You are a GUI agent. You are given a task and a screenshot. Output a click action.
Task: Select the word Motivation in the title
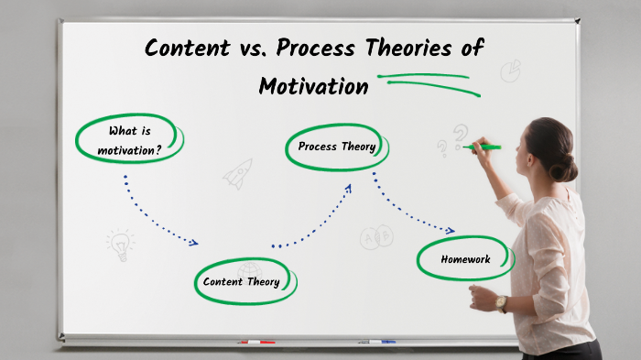[313, 87]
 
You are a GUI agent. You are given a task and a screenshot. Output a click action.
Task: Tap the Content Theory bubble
[243, 281]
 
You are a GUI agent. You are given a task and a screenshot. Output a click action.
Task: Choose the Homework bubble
[465, 259]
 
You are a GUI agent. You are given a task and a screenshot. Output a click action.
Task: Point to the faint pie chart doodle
[510, 71]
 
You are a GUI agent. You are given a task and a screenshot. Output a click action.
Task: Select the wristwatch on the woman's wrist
[501, 302]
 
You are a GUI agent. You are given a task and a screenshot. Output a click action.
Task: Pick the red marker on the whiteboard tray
[256, 343]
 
